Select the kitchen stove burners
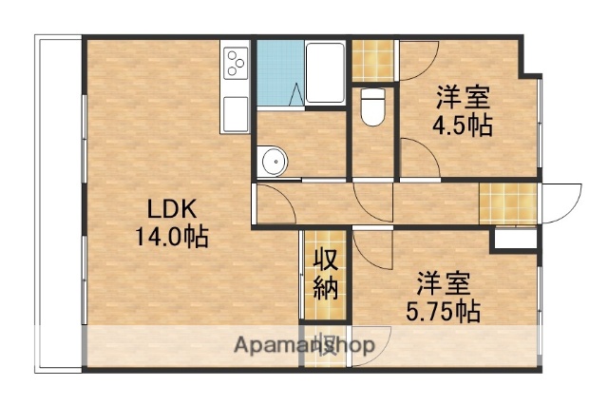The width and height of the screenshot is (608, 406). click(x=236, y=64)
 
